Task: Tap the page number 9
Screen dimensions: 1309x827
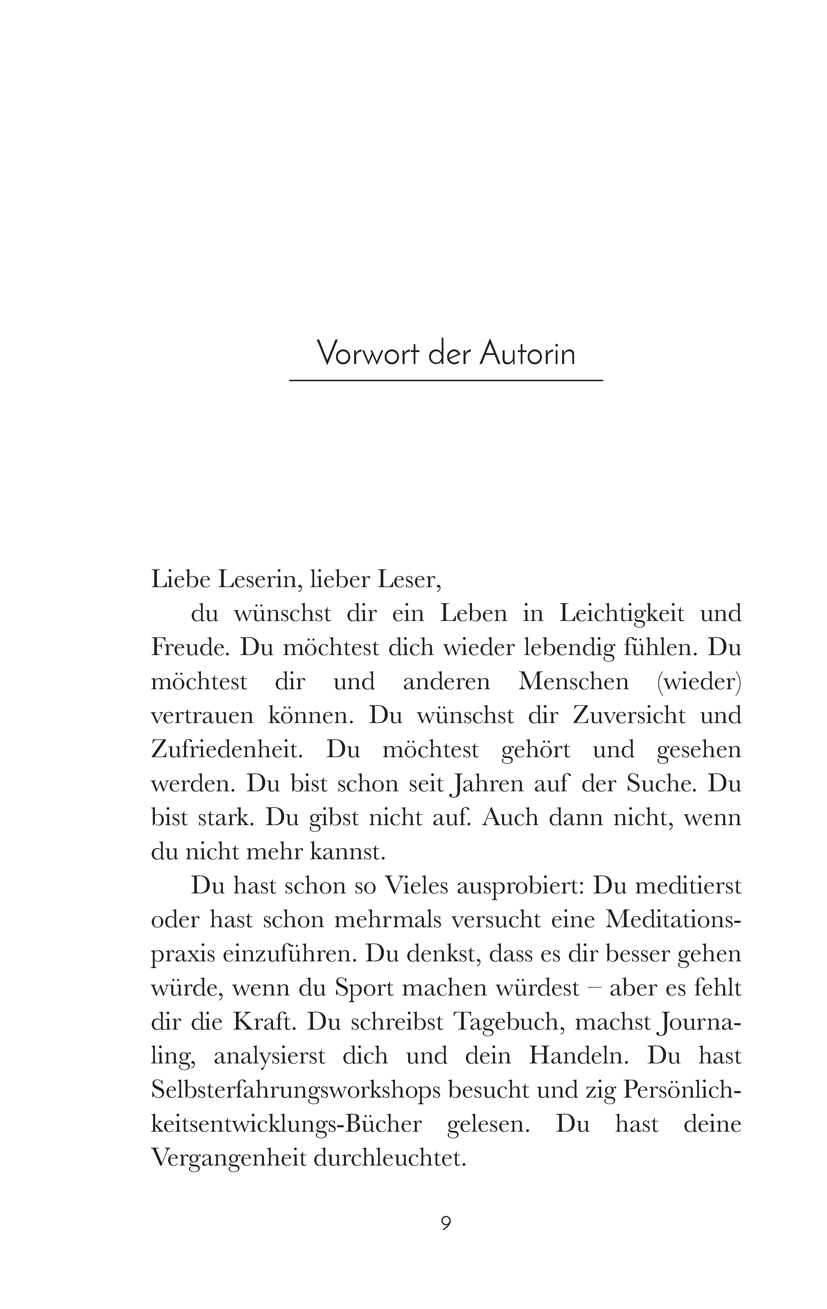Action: pos(446,1223)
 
